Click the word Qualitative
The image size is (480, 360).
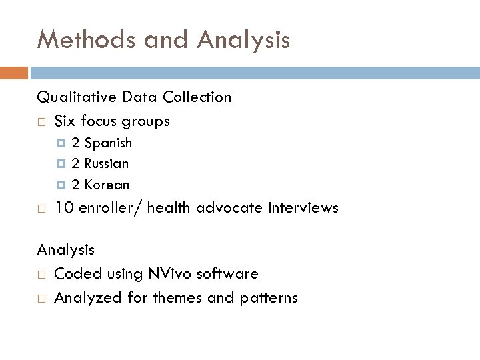click(77, 97)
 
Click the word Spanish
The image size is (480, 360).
click(109, 143)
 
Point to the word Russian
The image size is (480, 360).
click(107, 163)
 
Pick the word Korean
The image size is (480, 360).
click(107, 185)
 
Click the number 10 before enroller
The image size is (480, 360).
click(64, 208)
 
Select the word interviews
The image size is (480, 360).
click(303, 208)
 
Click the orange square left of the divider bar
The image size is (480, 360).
click(14, 72)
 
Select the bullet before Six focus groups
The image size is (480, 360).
click(41, 122)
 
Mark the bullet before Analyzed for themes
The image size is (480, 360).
click(41, 299)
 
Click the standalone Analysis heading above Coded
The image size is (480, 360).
click(66, 251)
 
